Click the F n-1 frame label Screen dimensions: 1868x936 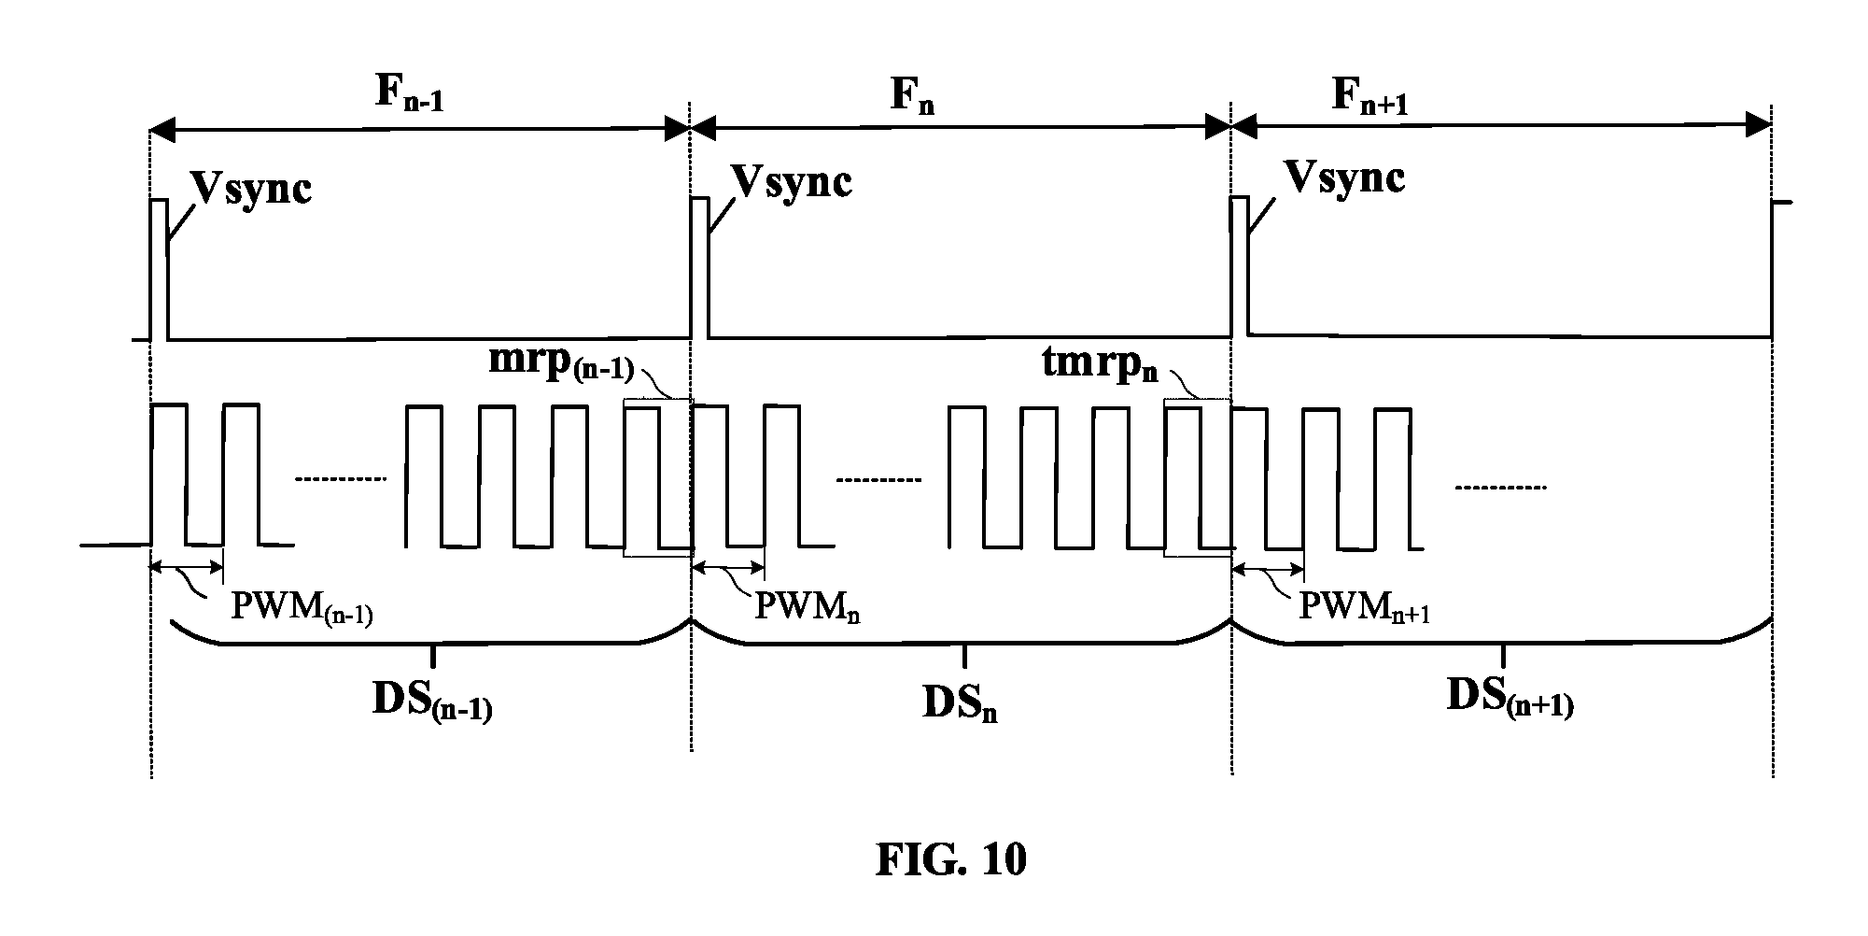410,92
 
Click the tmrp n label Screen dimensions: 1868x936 1100,364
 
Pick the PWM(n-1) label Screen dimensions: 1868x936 302,609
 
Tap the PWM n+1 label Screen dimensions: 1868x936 1366,608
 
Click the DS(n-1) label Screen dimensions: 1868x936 432,703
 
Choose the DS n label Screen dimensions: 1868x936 960,703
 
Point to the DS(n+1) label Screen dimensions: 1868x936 1510,698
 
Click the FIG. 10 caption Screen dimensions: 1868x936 950,859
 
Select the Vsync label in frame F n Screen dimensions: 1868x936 793,181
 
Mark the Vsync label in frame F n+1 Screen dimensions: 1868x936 1345,177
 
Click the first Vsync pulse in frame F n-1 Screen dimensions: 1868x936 160,270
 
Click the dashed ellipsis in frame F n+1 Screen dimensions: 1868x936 1501,488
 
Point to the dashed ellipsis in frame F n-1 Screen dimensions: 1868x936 340,480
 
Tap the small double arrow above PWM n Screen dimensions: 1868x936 728,566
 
